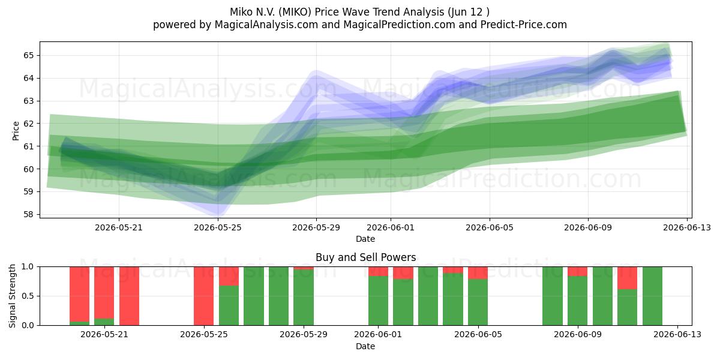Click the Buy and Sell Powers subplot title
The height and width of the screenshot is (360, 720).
tap(365, 257)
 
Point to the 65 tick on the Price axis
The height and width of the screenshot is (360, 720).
tap(28, 55)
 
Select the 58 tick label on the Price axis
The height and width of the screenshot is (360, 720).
tap(28, 214)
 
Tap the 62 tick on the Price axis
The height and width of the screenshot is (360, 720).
tap(28, 124)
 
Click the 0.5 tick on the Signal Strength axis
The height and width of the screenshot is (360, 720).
tap(28, 296)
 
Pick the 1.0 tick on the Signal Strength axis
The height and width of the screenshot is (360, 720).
tap(28, 266)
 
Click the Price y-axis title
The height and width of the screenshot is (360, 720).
tap(16, 131)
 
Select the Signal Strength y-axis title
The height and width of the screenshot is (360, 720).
tap(12, 296)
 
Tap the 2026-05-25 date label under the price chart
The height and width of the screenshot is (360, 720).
tap(218, 227)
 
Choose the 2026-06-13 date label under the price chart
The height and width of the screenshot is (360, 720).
tap(687, 227)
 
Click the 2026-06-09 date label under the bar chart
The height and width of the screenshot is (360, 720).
tap(578, 334)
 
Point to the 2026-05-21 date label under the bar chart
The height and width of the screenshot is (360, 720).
tap(104, 334)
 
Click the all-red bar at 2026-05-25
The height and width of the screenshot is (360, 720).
tap(203, 296)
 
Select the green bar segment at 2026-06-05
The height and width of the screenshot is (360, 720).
tap(478, 302)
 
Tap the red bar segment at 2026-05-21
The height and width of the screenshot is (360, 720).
tap(104, 293)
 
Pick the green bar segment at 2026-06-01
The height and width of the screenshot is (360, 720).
tap(379, 300)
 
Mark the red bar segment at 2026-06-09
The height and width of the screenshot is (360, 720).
tap(578, 271)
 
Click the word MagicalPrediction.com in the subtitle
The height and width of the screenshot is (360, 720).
tap(399, 25)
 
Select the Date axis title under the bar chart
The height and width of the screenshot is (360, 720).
tap(365, 346)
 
